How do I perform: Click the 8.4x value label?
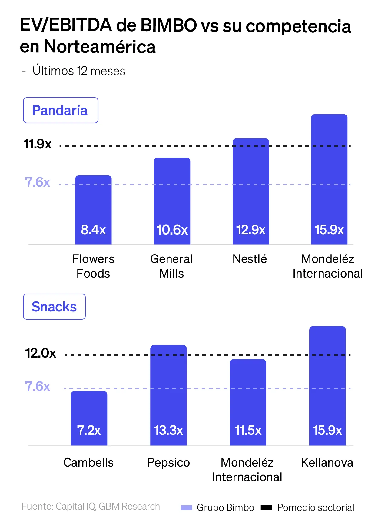point(93,230)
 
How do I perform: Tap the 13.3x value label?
point(168,430)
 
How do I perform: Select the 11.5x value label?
point(248,430)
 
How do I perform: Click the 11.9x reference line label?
point(38,144)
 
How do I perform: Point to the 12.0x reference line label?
point(41,353)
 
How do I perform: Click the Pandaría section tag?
point(61,110)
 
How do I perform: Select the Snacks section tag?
point(54,307)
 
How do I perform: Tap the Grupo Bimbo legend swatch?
point(187,508)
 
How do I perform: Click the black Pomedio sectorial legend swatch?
point(267,508)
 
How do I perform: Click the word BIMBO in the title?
point(168,25)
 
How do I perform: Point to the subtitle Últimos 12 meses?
point(79,71)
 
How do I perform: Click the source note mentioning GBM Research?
point(91,507)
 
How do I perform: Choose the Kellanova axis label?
point(327,463)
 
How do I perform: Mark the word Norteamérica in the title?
point(100,47)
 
